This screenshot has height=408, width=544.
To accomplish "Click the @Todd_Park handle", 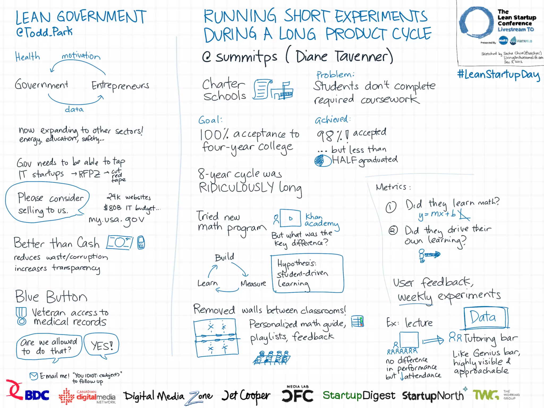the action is [44, 32].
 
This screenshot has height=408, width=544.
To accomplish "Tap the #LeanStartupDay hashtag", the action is [498, 75].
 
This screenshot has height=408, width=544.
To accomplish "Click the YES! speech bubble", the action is [101, 346].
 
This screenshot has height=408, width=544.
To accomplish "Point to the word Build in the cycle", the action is [224, 257].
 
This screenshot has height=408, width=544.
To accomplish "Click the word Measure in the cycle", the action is [253, 284].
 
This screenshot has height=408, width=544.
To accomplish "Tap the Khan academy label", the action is [321, 220].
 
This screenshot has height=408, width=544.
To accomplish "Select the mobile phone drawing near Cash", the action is [141, 242].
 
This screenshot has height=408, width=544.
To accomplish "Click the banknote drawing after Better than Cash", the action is [120, 242].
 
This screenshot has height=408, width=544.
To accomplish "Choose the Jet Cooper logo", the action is [246, 396].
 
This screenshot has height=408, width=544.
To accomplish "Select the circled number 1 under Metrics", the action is [391, 207].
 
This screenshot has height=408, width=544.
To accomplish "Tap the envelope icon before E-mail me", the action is [34, 376].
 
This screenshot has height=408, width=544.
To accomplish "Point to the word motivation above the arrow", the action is [81, 56].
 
